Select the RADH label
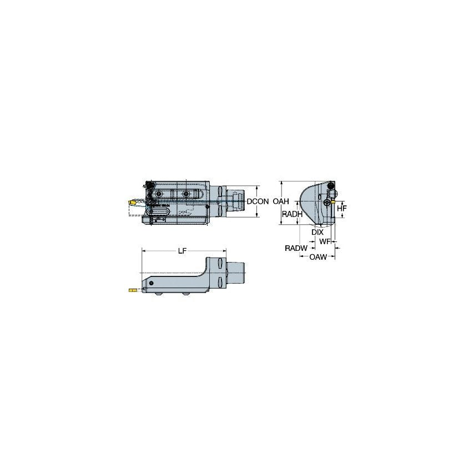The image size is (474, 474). (292, 214)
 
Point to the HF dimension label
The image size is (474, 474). (342, 208)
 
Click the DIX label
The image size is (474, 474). (317, 232)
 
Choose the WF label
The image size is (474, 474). (325, 241)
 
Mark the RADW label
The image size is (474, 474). (296, 248)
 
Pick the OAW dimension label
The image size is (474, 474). (318, 257)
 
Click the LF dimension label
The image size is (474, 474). (182, 251)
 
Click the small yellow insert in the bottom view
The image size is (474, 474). (132, 290)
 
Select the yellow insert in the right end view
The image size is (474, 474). (332, 203)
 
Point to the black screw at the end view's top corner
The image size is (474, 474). (331, 185)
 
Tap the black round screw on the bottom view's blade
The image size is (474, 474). (149, 283)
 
